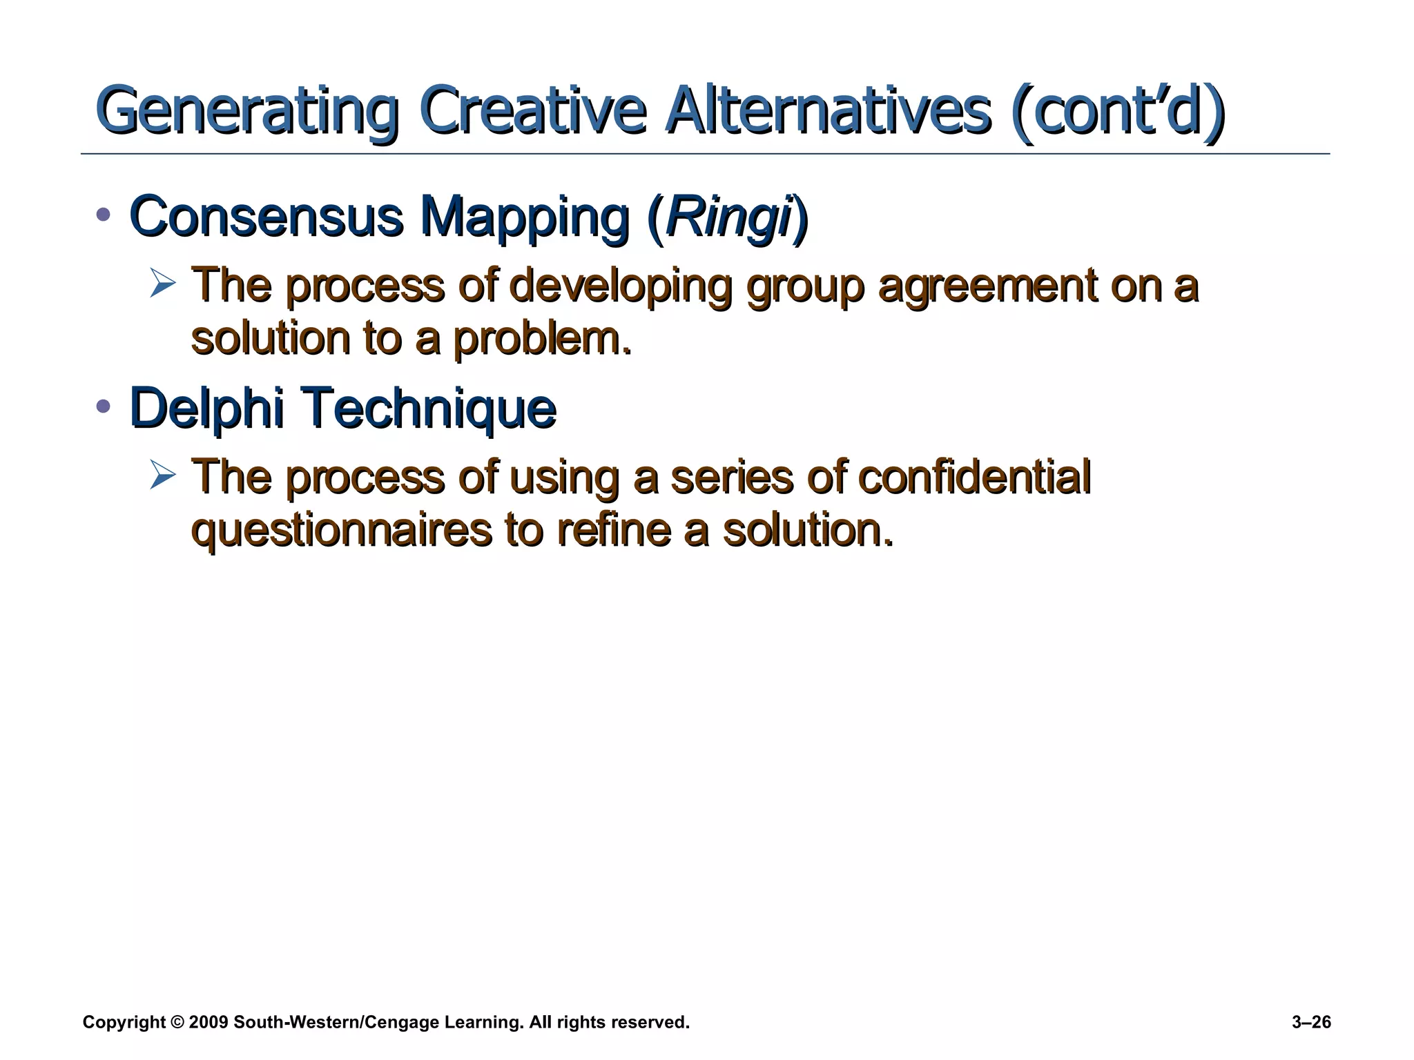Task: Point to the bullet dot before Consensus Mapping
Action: tap(104, 215)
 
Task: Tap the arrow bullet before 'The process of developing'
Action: tap(163, 284)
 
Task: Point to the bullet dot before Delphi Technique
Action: tap(104, 406)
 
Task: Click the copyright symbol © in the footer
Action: tap(177, 1023)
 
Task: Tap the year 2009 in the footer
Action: tap(208, 1023)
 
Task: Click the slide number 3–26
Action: tap(1310, 1023)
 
